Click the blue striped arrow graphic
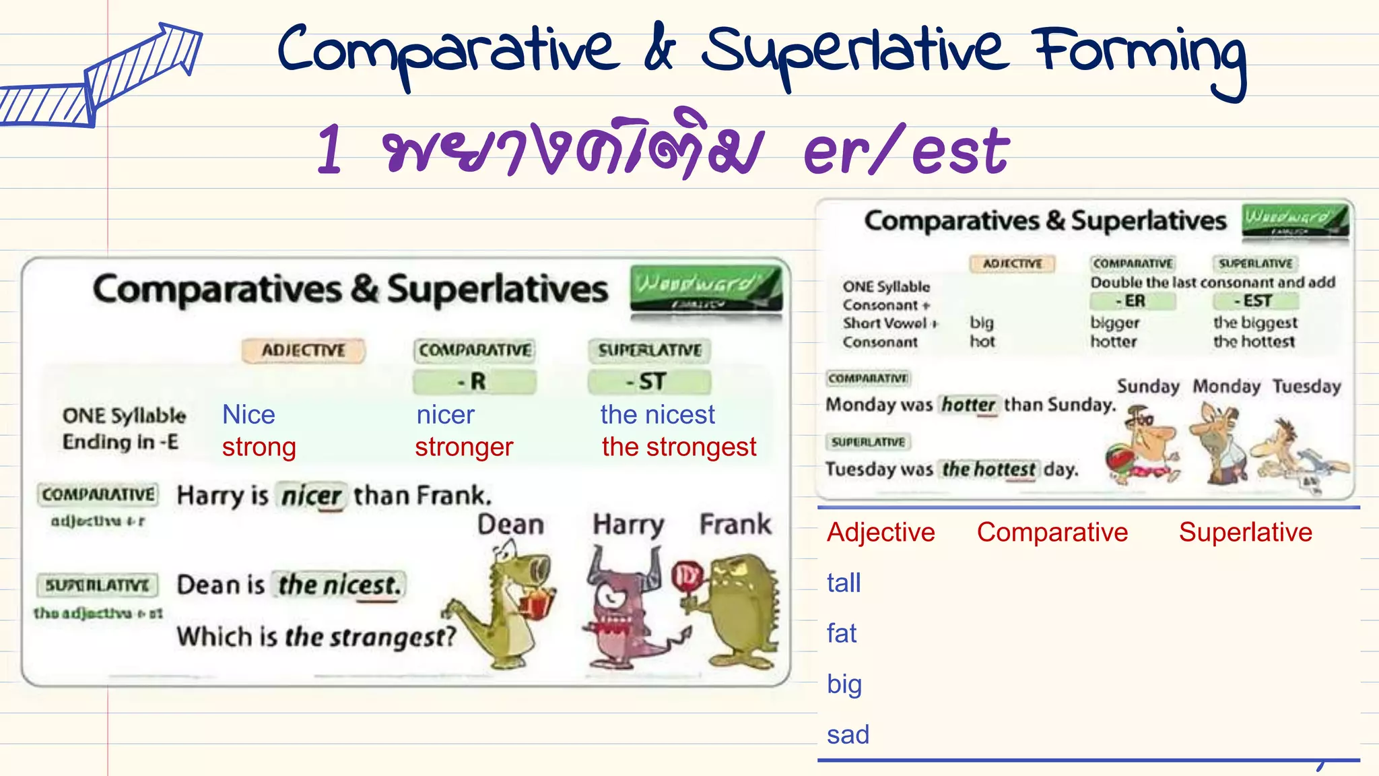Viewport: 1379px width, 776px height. pos(101,77)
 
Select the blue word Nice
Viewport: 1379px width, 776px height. pos(248,415)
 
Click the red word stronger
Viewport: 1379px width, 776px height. pos(464,447)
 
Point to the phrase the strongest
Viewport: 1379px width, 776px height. pos(679,447)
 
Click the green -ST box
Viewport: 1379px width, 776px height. pos(648,382)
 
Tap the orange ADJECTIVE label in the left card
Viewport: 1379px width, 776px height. pos(303,350)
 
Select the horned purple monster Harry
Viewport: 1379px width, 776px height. pos(623,606)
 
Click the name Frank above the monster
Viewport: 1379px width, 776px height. pos(735,524)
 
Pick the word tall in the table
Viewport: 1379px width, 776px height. pos(844,583)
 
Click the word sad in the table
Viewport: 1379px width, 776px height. pos(848,734)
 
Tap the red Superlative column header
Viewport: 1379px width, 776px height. pos(1245,532)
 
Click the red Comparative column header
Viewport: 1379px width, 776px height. pos(1052,532)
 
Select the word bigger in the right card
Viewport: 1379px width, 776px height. pos(1115,323)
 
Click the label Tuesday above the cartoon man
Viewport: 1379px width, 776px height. pos(1306,387)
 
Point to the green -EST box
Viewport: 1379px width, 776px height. pos(1256,301)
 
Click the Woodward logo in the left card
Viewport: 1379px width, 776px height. pos(706,288)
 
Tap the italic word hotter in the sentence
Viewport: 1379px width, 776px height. pos(968,405)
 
